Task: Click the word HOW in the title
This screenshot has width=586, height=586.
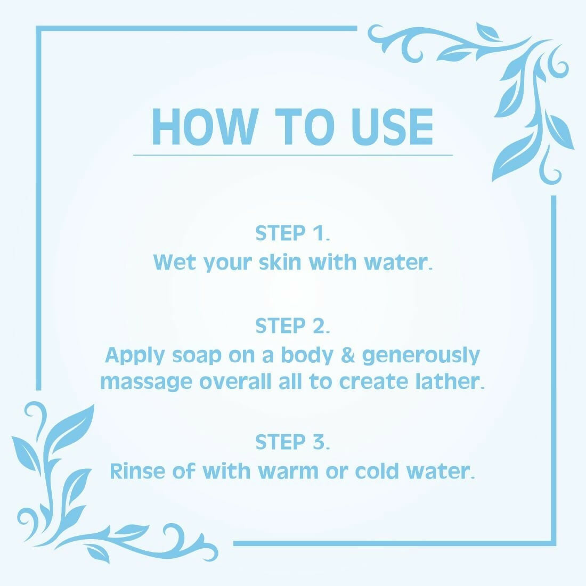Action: (205, 127)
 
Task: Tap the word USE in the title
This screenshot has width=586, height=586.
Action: (393, 127)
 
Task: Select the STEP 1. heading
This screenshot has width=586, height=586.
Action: (292, 233)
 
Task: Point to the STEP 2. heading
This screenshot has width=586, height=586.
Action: (292, 326)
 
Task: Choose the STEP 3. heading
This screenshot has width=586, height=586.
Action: (292, 442)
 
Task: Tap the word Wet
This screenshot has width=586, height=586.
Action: (175, 262)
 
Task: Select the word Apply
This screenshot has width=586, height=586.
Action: (135, 356)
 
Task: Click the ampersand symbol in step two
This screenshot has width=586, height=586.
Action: (347, 355)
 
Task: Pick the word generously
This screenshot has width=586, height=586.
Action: (421, 356)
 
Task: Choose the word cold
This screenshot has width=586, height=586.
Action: (377, 471)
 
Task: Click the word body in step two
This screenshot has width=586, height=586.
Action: (307, 356)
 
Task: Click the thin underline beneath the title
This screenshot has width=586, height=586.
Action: (293, 154)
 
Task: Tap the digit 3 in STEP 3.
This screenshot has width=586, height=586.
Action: (319, 442)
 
